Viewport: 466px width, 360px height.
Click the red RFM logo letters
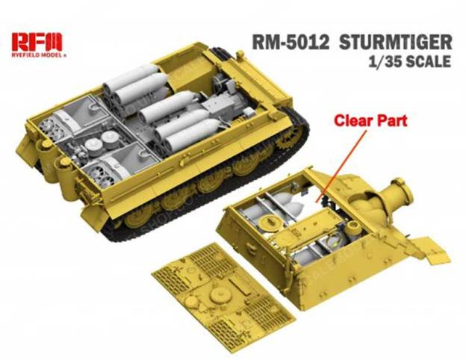click(x=37, y=42)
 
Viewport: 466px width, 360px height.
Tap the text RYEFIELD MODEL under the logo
click(x=37, y=55)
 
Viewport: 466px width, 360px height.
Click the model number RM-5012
click(x=291, y=43)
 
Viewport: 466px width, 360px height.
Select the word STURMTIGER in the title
click(x=395, y=43)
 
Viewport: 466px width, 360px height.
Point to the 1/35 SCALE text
click(x=409, y=61)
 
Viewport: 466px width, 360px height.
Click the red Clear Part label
click(x=370, y=121)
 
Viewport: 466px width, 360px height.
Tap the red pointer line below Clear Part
click(x=341, y=166)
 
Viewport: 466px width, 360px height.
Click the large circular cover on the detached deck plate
click(x=220, y=295)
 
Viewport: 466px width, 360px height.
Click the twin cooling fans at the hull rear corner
click(x=52, y=129)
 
